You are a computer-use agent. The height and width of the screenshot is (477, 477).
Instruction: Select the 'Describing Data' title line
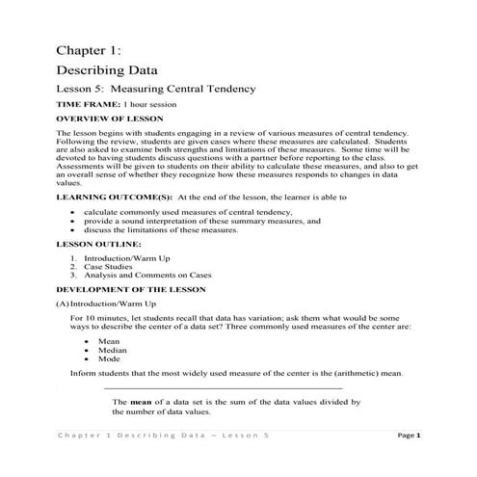[x=106, y=70]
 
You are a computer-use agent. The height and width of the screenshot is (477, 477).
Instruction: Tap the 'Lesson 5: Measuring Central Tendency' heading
[x=155, y=90]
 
